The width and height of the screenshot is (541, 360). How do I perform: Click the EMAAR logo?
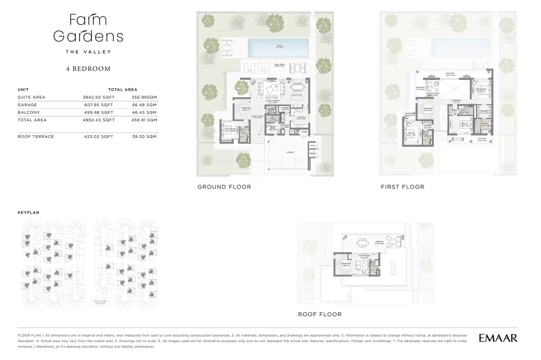pyautogui.click(x=498, y=338)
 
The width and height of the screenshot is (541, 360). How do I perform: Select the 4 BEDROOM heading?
pyautogui.click(x=88, y=69)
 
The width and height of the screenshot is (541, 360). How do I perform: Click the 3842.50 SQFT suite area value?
pyautogui.click(x=98, y=97)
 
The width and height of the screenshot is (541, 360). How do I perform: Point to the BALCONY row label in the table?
pyautogui.click(x=29, y=113)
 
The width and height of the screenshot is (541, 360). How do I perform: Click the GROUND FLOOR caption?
pyautogui.click(x=224, y=187)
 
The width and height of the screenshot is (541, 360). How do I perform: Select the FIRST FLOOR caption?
pyautogui.click(x=402, y=187)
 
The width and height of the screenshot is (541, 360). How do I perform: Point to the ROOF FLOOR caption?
pyautogui.click(x=320, y=314)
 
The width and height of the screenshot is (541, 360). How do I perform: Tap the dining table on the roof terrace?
pyautogui.click(x=362, y=243)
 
